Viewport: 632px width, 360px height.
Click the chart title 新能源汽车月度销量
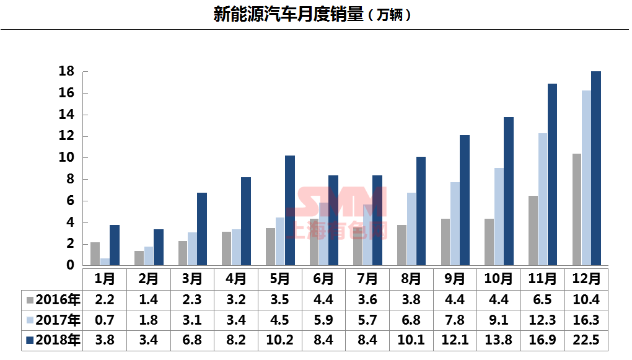[x=288, y=14]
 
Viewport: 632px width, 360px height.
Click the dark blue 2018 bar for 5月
[x=289, y=211]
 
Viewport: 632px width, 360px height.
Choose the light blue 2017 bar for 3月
[x=192, y=249]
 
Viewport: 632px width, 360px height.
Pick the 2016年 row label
[x=58, y=301]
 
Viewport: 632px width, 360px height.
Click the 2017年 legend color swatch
[x=30, y=321]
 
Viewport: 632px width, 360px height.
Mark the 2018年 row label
[x=58, y=340]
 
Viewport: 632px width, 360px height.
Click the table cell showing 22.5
[x=586, y=340]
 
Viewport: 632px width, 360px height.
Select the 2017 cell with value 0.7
[x=104, y=320]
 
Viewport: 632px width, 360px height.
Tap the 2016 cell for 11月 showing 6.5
[x=542, y=301]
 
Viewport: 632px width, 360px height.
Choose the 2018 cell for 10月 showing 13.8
[x=499, y=340]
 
